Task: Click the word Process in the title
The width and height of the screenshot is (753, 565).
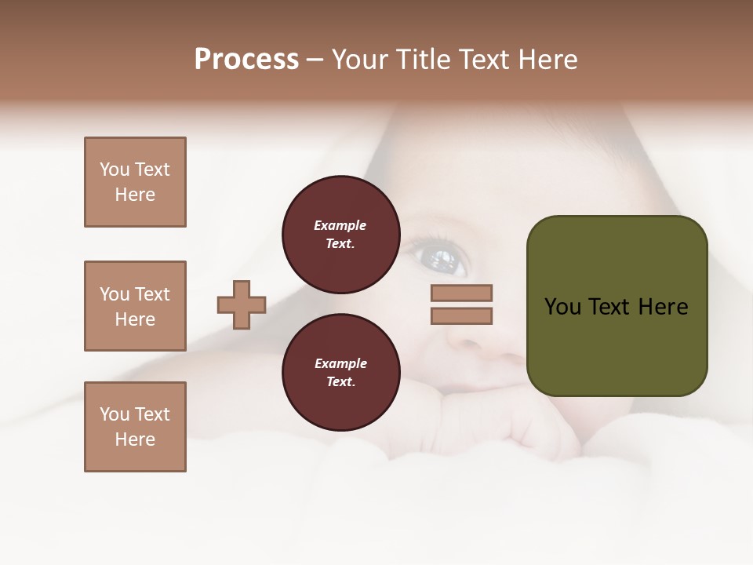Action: point(246,60)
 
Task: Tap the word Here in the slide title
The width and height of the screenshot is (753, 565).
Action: point(547,60)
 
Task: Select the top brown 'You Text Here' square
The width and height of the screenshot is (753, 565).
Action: point(135,182)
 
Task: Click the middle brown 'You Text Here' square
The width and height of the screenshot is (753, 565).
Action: point(135,306)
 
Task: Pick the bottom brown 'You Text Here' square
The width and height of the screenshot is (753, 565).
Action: point(135,427)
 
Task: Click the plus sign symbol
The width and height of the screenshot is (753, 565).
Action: point(242,304)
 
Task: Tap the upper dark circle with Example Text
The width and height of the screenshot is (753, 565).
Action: point(340,234)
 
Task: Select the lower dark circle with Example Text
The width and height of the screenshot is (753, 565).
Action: point(340,372)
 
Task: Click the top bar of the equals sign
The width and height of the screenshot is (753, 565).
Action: point(461,293)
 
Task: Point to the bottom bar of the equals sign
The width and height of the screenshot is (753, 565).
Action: point(461,316)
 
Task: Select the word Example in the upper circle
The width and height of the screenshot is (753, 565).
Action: point(340,225)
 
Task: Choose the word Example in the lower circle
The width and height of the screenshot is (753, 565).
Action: point(340,363)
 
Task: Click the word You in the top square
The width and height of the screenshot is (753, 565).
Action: point(115,169)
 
